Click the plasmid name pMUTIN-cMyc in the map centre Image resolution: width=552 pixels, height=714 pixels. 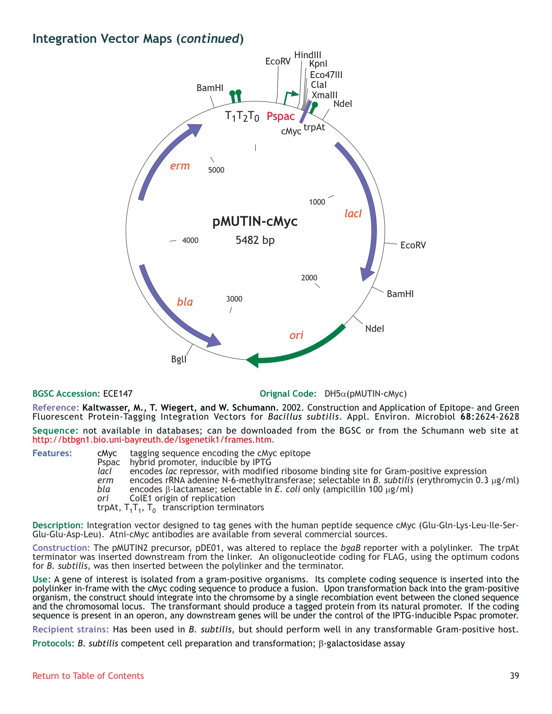coord(255,221)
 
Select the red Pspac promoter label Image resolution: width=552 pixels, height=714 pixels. coord(281,116)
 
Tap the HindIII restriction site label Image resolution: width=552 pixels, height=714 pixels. coord(308,55)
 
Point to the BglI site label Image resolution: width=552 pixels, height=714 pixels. coord(179,359)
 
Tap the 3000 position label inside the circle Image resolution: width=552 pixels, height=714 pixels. coord(234,299)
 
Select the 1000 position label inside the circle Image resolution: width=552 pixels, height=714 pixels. coord(317,202)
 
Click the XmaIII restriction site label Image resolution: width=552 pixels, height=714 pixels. coord(324,95)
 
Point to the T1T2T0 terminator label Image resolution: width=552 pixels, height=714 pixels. coord(242,117)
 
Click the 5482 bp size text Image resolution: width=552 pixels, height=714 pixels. coord(255,240)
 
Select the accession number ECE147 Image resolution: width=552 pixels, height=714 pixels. coord(118,394)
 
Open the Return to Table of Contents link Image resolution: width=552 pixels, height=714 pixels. coord(88,676)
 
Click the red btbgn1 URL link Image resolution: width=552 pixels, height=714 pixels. coord(153,439)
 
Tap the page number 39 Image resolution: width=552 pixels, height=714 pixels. coord(514,676)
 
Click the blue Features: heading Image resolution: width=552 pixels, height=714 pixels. coord(52,453)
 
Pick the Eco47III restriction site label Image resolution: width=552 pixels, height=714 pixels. coord(326,75)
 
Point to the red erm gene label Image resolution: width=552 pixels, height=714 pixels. coord(180,166)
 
